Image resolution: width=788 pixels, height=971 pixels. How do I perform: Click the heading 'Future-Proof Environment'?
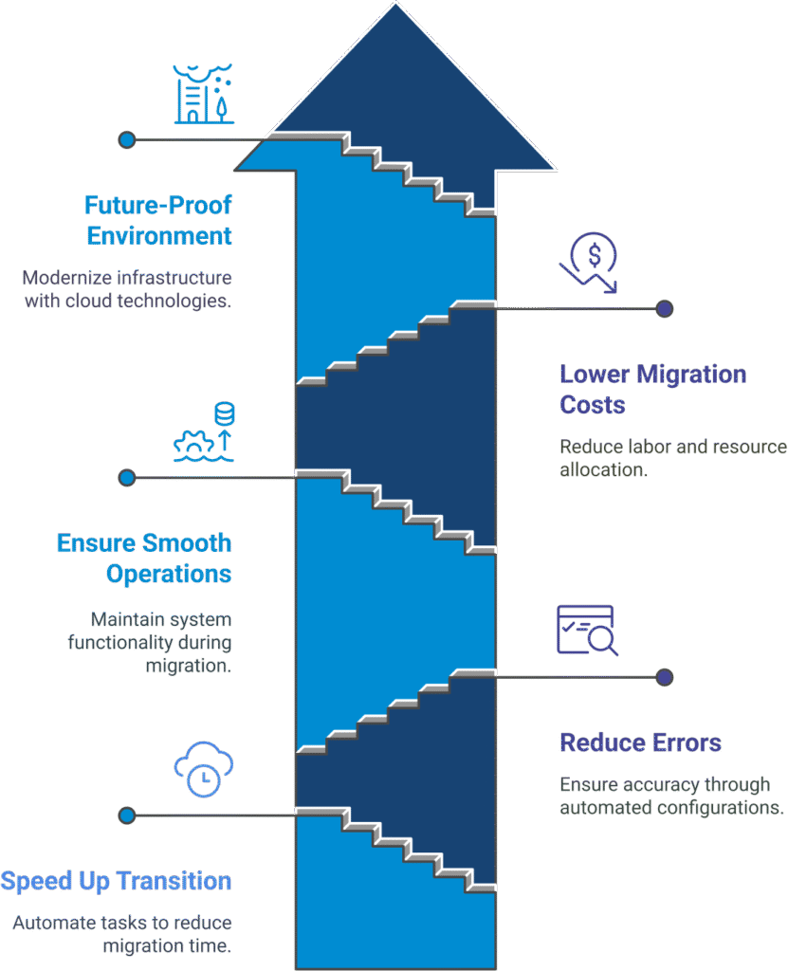(158, 220)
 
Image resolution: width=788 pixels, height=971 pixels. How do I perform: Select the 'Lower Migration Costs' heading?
(652, 389)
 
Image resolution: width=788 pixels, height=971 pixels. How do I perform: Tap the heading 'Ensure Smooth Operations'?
(144, 559)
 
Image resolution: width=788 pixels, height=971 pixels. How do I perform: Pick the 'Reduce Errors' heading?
(640, 742)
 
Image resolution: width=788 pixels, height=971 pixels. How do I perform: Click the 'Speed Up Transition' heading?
(116, 881)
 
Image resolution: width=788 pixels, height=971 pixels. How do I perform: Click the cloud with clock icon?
(203, 767)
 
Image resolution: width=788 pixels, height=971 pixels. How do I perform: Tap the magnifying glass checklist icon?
(586, 630)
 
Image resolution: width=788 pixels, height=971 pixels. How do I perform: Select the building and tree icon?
(203, 94)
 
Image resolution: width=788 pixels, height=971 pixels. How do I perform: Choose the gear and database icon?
(204, 431)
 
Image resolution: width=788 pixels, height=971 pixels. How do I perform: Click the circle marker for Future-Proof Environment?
(126, 140)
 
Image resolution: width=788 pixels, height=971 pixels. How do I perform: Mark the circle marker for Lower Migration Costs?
(665, 308)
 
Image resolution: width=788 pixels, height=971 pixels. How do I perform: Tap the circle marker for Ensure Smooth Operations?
(126, 477)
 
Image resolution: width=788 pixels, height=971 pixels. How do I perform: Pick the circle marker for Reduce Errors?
(665, 677)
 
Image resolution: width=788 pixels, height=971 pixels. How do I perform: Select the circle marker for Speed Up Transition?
(126, 815)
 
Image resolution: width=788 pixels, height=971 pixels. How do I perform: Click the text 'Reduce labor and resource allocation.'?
(672, 457)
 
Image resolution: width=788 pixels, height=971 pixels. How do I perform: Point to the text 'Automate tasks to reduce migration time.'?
(122, 933)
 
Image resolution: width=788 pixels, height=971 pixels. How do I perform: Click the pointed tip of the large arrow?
(394, 5)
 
